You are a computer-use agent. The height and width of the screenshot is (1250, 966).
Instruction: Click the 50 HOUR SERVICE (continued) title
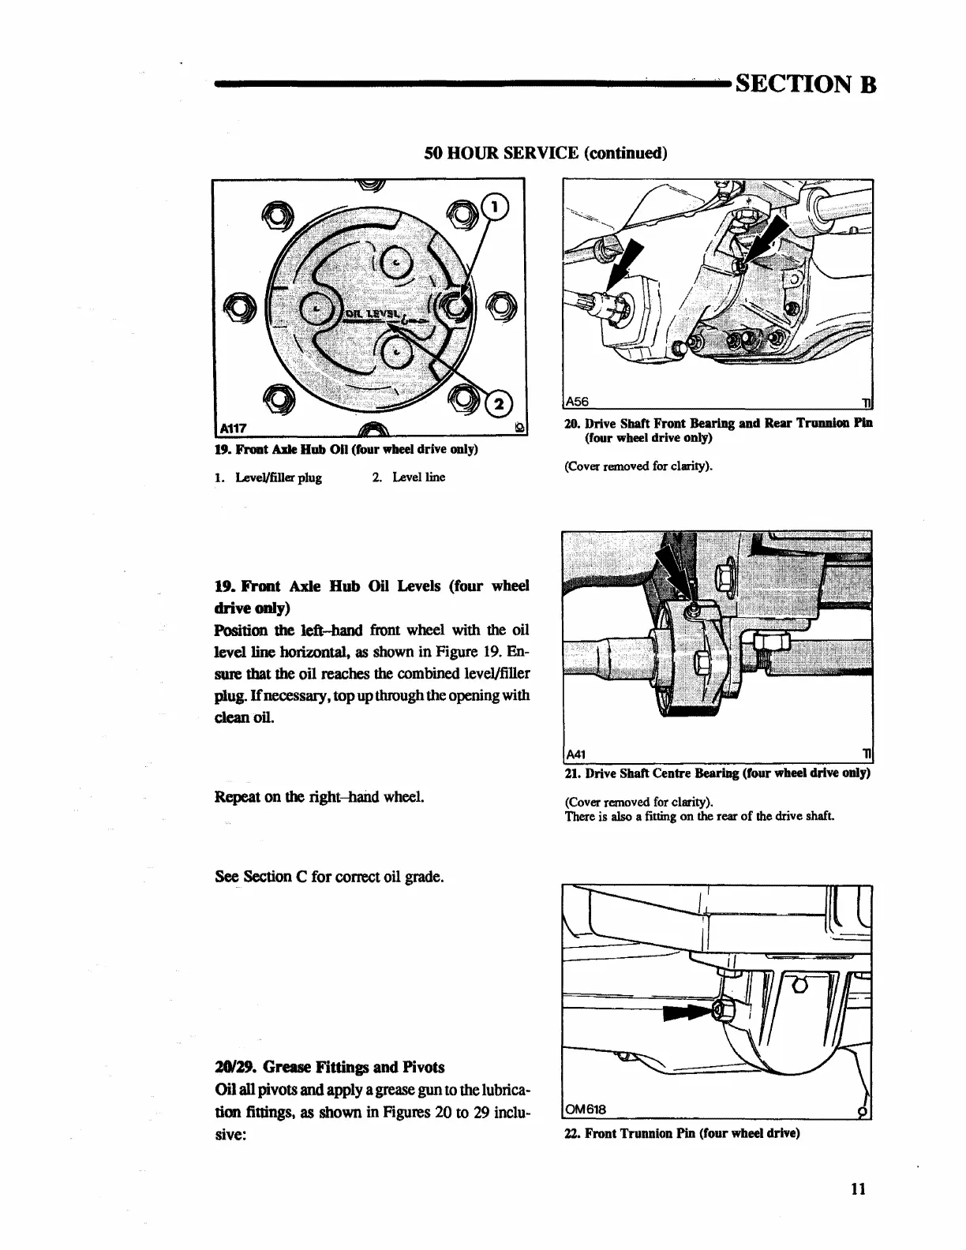546,152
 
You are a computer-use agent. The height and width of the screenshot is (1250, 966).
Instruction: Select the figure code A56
578,400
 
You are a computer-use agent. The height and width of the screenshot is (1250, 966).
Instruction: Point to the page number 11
859,1188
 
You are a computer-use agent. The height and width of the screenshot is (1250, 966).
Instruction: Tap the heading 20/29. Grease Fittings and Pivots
329,1067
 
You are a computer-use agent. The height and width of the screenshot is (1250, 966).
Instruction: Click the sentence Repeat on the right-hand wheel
320,796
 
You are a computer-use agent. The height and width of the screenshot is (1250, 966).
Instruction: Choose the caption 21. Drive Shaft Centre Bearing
717,773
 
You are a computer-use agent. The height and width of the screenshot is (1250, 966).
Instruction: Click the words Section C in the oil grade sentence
274,877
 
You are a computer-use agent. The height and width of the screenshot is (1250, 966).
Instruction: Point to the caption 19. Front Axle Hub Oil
346,450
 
